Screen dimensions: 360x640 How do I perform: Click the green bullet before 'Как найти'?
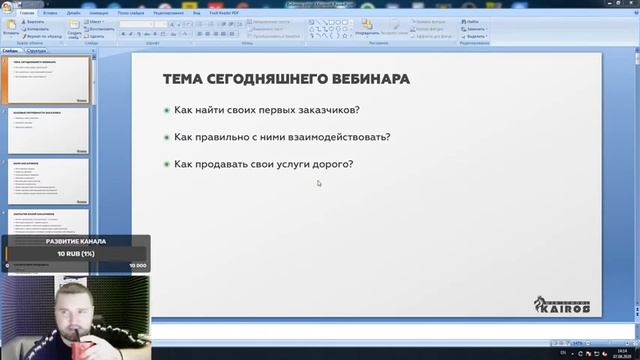[166, 110]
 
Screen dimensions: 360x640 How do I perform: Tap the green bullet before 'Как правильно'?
[166, 137]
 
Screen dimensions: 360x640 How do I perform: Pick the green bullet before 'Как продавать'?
[166, 165]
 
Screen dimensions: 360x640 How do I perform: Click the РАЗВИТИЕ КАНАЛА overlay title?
[75, 241]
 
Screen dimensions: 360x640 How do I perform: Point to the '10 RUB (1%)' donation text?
[75, 254]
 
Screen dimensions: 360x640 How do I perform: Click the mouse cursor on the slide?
[319, 183]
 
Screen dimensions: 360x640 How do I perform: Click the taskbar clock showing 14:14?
[611, 352]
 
